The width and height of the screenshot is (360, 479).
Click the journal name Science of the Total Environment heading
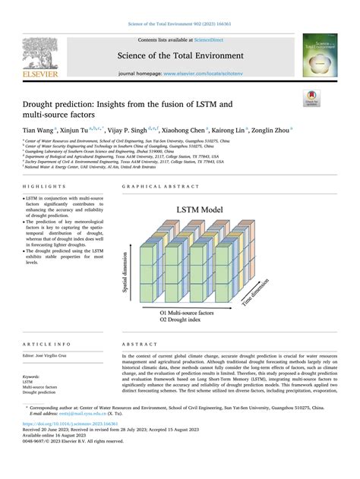[179, 55]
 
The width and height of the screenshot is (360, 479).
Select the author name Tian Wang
[39, 130]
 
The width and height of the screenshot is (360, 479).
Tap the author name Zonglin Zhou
[270, 130]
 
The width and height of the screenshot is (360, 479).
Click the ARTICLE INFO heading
[42, 344]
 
